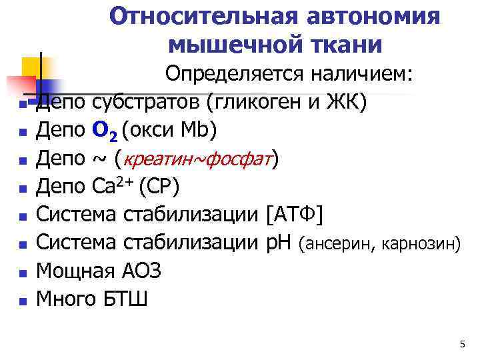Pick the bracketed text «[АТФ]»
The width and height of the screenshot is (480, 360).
(294, 215)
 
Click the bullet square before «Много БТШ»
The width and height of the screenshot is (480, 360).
(23, 301)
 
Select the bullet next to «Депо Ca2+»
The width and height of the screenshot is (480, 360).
(23, 189)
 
